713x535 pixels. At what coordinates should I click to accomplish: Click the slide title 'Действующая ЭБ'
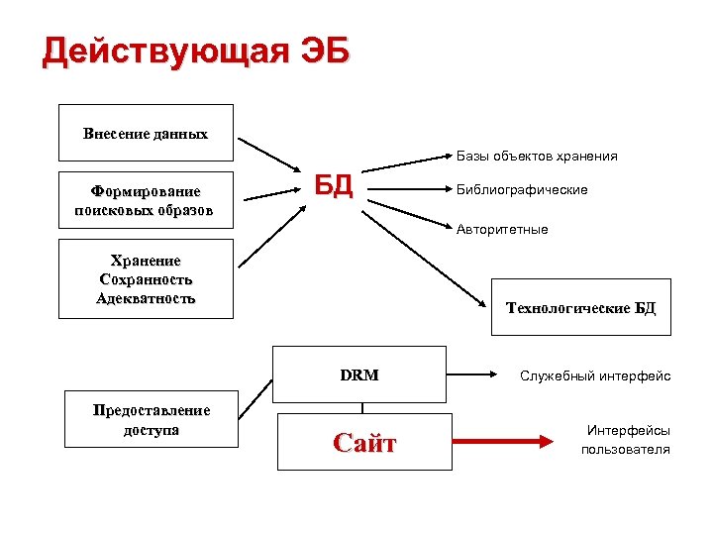pyautogui.click(x=196, y=51)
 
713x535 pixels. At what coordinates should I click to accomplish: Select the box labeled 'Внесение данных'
pyautogui.click(x=146, y=133)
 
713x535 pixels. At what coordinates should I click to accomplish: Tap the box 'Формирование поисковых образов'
pyautogui.click(x=146, y=199)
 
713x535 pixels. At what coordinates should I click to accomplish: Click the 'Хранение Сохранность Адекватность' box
pyautogui.click(x=146, y=278)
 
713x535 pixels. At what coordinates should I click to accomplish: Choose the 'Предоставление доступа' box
pyautogui.click(x=151, y=420)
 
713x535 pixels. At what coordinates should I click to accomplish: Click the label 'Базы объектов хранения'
pyautogui.click(x=537, y=156)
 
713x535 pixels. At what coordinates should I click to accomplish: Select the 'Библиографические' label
pyautogui.click(x=522, y=189)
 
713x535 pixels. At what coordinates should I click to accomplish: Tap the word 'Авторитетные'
pyautogui.click(x=502, y=229)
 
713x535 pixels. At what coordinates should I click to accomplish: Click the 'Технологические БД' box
pyautogui.click(x=580, y=308)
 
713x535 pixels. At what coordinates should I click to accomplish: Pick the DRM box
pyautogui.click(x=359, y=375)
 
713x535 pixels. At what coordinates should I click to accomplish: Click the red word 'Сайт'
pyautogui.click(x=363, y=443)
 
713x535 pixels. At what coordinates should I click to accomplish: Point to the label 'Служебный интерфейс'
pyautogui.click(x=595, y=375)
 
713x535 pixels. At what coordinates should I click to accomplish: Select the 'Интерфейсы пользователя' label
pyautogui.click(x=626, y=440)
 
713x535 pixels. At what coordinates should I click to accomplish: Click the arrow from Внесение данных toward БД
pyautogui.click(x=274, y=154)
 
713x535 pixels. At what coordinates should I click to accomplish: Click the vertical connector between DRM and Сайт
pyautogui.click(x=362, y=407)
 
